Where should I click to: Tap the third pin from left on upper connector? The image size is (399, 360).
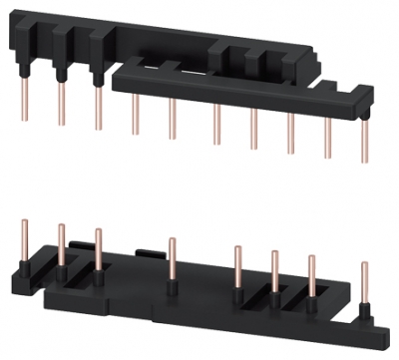[x=98, y=109]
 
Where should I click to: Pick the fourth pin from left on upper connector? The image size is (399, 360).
[x=135, y=117]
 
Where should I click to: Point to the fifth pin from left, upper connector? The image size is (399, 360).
[x=172, y=122]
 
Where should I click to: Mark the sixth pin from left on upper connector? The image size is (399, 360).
[x=214, y=127]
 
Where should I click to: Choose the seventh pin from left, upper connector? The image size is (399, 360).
[x=253, y=133]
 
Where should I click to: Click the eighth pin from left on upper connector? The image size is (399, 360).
[x=291, y=138]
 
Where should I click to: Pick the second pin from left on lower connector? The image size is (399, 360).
[x=61, y=245]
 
